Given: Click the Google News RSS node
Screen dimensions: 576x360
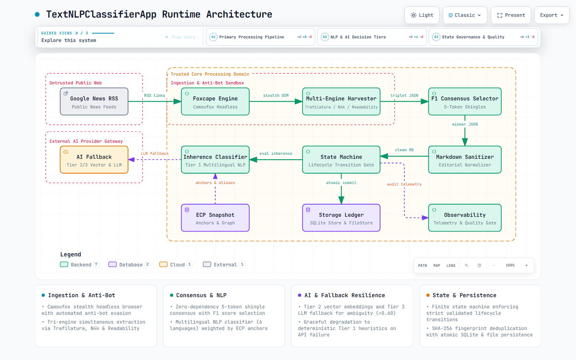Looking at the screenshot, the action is coord(94,102).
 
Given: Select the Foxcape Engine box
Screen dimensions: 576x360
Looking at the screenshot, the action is coord(215,102).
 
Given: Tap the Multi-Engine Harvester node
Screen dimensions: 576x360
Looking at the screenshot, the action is coord(341,102).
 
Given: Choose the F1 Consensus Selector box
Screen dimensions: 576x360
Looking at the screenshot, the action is coord(465,102).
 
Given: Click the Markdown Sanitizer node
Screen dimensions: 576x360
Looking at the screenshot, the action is coord(465,160).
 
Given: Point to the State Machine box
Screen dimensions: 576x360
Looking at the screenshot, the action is coord(341,160).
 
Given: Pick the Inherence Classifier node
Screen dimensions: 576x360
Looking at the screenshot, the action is coord(215,160).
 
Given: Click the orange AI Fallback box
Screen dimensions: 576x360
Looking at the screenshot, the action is coord(94,160).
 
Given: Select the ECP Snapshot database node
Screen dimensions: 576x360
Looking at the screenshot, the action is coord(215,218).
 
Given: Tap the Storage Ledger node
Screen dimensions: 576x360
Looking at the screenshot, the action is coord(341,218).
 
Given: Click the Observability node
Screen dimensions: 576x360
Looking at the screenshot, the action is coord(465,218).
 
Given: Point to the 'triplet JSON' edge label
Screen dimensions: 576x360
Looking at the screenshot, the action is coord(404,95).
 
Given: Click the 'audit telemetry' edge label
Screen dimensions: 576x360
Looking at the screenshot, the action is coord(404,184).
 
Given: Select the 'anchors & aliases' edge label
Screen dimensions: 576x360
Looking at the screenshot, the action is coord(215,182).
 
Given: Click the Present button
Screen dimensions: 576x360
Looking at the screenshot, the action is coord(511,15).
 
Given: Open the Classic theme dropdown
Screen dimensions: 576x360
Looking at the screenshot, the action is coord(465,15).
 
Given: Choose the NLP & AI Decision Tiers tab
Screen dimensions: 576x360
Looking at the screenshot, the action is coord(372,37).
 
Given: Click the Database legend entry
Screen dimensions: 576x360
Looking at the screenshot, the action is coord(129,265).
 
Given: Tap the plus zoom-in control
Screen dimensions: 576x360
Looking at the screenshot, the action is coord(527,265).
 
